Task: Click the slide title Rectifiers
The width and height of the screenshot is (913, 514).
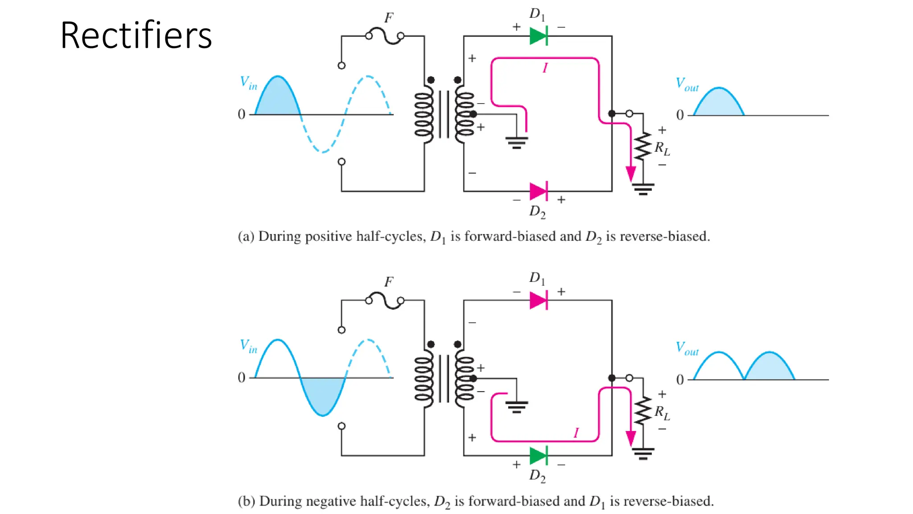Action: pyautogui.click(x=136, y=36)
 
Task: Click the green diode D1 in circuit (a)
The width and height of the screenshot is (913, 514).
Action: pyautogui.click(x=539, y=36)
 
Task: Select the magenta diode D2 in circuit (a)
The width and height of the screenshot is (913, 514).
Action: pyautogui.click(x=539, y=191)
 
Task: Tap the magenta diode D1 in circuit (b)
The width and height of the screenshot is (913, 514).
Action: pyautogui.click(x=539, y=300)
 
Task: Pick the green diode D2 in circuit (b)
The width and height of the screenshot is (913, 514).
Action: pyautogui.click(x=539, y=456)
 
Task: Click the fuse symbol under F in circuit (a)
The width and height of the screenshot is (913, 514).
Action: pyautogui.click(x=385, y=36)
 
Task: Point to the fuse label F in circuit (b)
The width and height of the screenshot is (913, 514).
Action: pyautogui.click(x=389, y=282)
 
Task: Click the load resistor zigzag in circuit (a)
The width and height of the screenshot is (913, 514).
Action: pyautogui.click(x=643, y=146)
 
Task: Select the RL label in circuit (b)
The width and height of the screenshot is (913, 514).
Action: pyautogui.click(x=662, y=413)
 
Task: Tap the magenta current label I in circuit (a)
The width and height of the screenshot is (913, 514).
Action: pyautogui.click(x=545, y=68)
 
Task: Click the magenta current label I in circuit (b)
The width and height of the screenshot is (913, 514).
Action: pyautogui.click(x=576, y=433)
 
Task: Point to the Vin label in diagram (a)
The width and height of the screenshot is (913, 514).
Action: pyautogui.click(x=248, y=83)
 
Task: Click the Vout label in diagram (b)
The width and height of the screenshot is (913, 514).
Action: pyautogui.click(x=687, y=348)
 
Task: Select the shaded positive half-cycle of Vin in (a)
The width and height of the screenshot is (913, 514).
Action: pyautogui.click(x=278, y=100)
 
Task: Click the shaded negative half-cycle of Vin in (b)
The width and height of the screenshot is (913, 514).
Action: pyautogui.click(x=323, y=395)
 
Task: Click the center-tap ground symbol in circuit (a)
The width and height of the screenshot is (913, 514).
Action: pyautogui.click(x=517, y=142)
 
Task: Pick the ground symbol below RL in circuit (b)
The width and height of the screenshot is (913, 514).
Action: pyautogui.click(x=643, y=454)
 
